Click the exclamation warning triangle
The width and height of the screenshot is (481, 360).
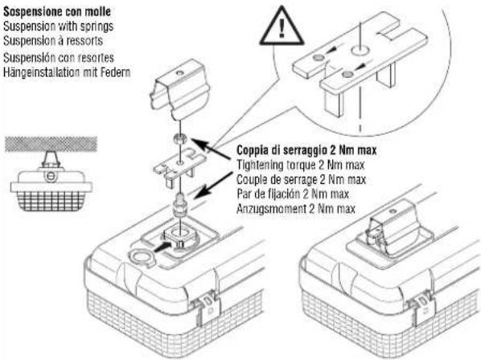[282, 27]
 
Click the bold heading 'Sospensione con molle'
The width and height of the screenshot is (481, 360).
[57, 11]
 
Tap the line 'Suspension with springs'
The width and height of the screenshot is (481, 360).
[58, 26]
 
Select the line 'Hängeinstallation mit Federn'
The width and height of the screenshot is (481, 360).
[67, 72]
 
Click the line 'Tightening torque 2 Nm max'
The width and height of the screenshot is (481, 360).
[300, 166]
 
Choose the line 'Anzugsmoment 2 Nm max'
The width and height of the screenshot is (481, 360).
[296, 209]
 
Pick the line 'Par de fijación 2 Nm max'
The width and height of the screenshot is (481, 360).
[293, 194]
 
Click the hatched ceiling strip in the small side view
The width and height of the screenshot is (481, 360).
[51, 144]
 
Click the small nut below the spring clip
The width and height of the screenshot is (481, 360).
[179, 138]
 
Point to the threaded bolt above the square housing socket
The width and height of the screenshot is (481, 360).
[180, 204]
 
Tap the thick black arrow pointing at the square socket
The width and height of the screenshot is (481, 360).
[162, 247]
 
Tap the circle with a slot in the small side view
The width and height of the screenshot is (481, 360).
[51, 176]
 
